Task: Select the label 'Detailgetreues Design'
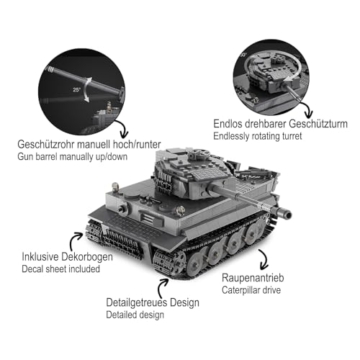coord(153,301)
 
